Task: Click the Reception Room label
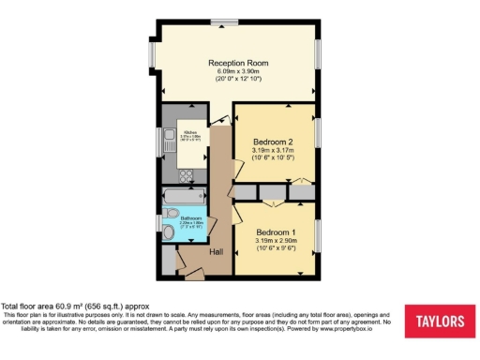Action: [238, 63]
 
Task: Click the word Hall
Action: [216, 252]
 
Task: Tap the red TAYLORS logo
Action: [439, 322]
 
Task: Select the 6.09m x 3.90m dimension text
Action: [238, 72]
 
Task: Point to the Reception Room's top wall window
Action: [224, 21]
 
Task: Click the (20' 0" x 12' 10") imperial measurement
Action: [238, 82]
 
